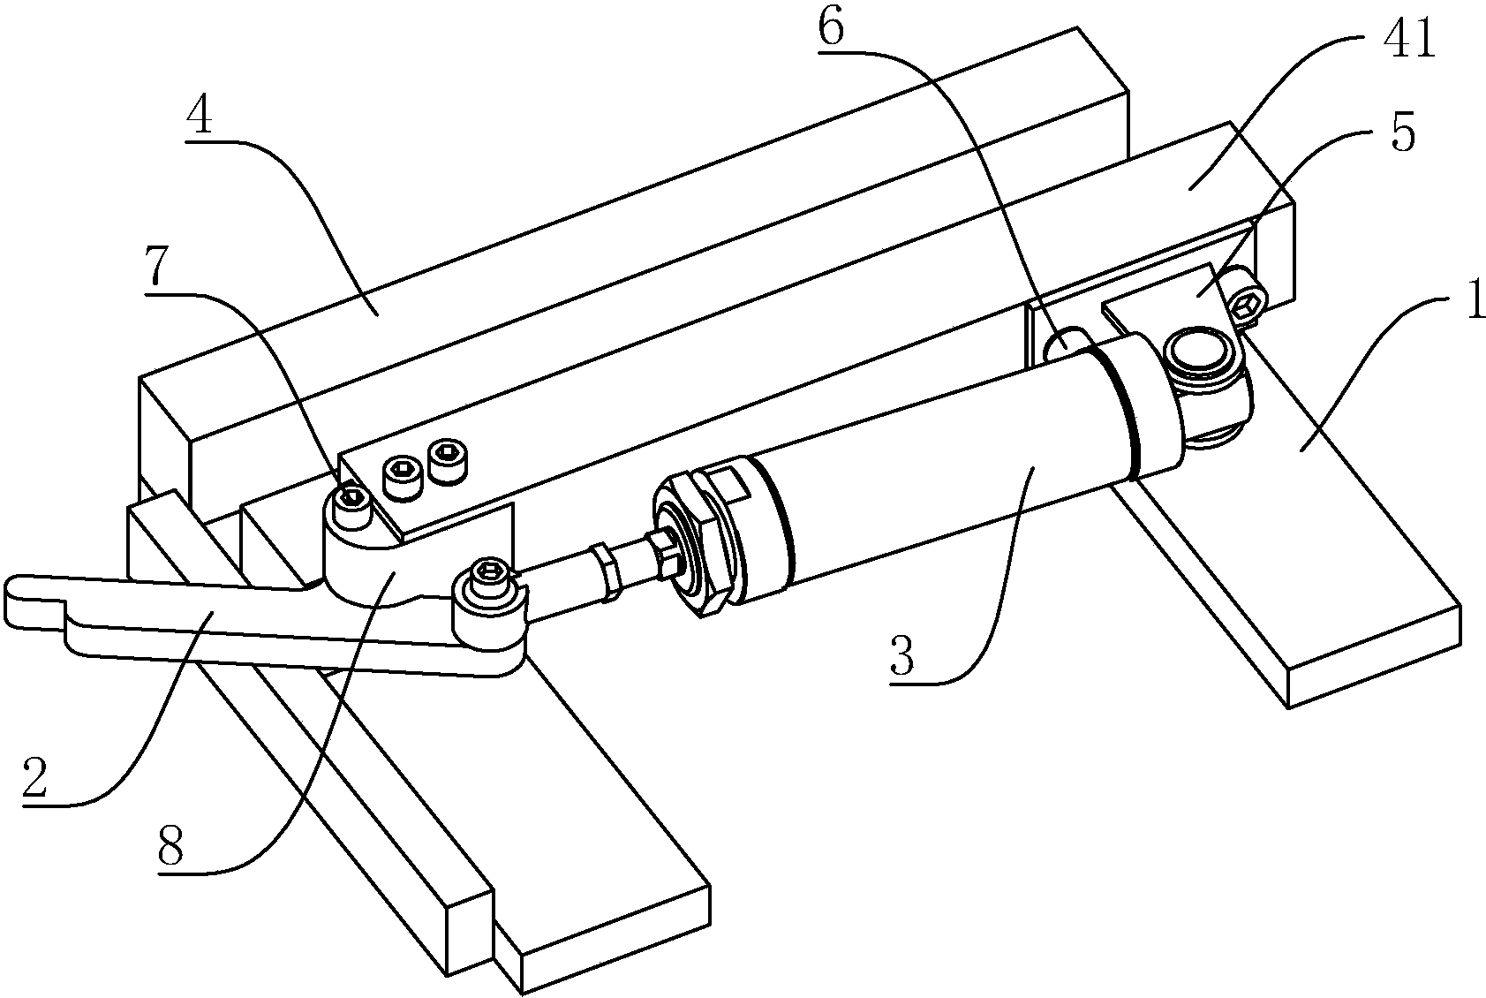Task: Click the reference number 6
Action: (831, 28)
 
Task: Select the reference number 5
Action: (1402, 132)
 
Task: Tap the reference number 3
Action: (902, 654)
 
